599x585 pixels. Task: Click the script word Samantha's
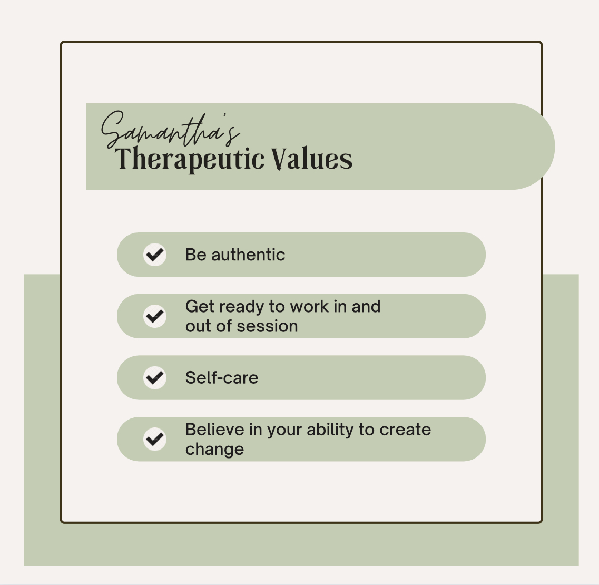point(170,129)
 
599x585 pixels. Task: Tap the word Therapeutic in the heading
point(190,159)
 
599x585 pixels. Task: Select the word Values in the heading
point(312,159)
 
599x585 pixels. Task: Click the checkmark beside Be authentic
point(155,255)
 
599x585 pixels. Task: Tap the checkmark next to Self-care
point(155,377)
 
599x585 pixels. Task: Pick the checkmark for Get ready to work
point(155,316)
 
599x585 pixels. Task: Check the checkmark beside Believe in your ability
point(155,439)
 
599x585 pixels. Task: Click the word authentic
point(248,255)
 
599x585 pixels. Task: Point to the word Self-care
point(222,377)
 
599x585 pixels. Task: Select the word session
point(268,326)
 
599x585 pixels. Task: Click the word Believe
point(215,430)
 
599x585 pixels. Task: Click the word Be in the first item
point(196,255)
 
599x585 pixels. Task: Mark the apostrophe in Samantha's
point(224,115)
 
